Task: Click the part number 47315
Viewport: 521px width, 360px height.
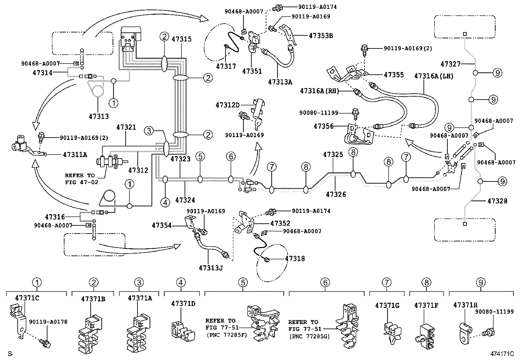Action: click(182, 39)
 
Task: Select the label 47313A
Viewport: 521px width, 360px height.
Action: click(280, 82)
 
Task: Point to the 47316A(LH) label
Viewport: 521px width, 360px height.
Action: click(434, 76)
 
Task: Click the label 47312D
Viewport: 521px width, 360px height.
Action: click(227, 105)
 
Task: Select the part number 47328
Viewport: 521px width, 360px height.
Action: click(497, 201)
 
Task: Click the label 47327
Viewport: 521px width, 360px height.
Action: click(450, 64)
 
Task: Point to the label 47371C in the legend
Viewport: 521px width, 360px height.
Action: click(27, 298)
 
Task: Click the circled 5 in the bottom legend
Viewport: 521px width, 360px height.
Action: click(243, 282)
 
